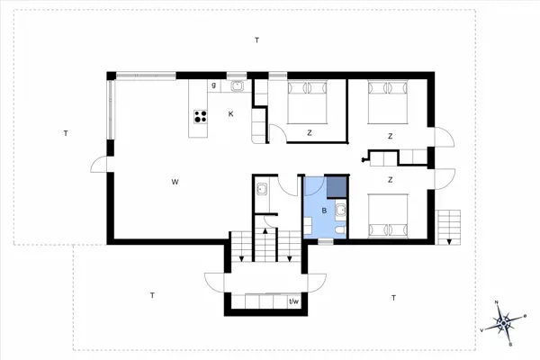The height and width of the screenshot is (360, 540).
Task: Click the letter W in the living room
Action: coord(174,183)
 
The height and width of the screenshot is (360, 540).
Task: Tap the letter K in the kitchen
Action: coord(230,114)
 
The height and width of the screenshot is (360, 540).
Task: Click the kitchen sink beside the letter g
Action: coord(238,86)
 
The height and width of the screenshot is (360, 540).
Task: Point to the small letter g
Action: coord(214,85)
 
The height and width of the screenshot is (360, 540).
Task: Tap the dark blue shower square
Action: coord(335,186)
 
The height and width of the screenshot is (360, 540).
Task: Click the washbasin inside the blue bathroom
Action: coord(342,211)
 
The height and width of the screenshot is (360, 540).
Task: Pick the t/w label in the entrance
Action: coord(293,301)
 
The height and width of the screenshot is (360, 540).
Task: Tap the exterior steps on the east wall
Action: coord(447,225)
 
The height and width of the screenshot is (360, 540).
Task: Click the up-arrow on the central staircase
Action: coord(266,243)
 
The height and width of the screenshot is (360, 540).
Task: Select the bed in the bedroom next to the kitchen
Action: coord(309,101)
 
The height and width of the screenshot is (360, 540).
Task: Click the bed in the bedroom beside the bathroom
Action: coord(388,213)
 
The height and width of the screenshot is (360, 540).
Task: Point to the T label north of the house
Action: coord(256,40)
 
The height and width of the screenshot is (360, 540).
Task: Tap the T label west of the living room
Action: coord(66,133)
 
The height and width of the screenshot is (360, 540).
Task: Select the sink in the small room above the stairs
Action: coord(261,189)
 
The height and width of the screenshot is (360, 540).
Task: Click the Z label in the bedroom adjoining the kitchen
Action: coord(309,133)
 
